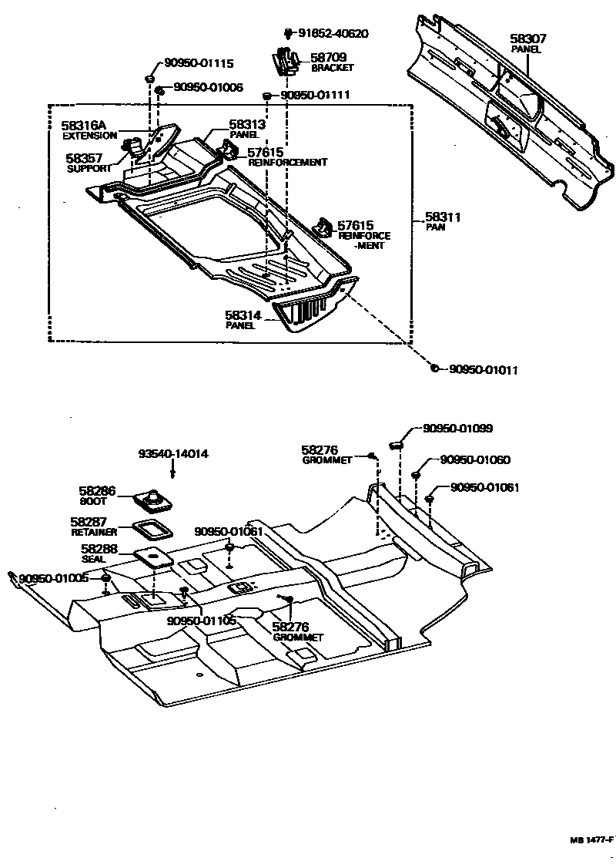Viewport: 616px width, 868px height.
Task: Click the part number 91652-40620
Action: (333, 34)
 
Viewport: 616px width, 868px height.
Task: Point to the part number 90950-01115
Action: (198, 64)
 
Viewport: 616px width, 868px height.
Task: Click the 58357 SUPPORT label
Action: (89, 163)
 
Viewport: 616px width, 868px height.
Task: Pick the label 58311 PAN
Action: (442, 222)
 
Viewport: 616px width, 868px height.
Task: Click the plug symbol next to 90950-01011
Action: (435, 369)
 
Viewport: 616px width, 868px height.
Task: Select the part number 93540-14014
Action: (173, 454)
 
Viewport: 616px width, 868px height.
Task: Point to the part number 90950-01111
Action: (316, 94)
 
